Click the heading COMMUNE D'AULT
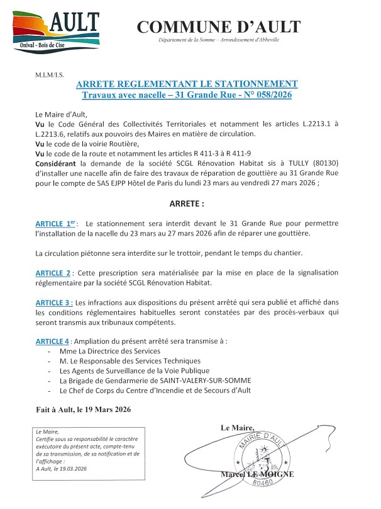point(218,26)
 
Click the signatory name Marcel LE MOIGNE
point(257,474)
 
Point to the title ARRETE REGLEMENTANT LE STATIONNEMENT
point(187,84)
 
